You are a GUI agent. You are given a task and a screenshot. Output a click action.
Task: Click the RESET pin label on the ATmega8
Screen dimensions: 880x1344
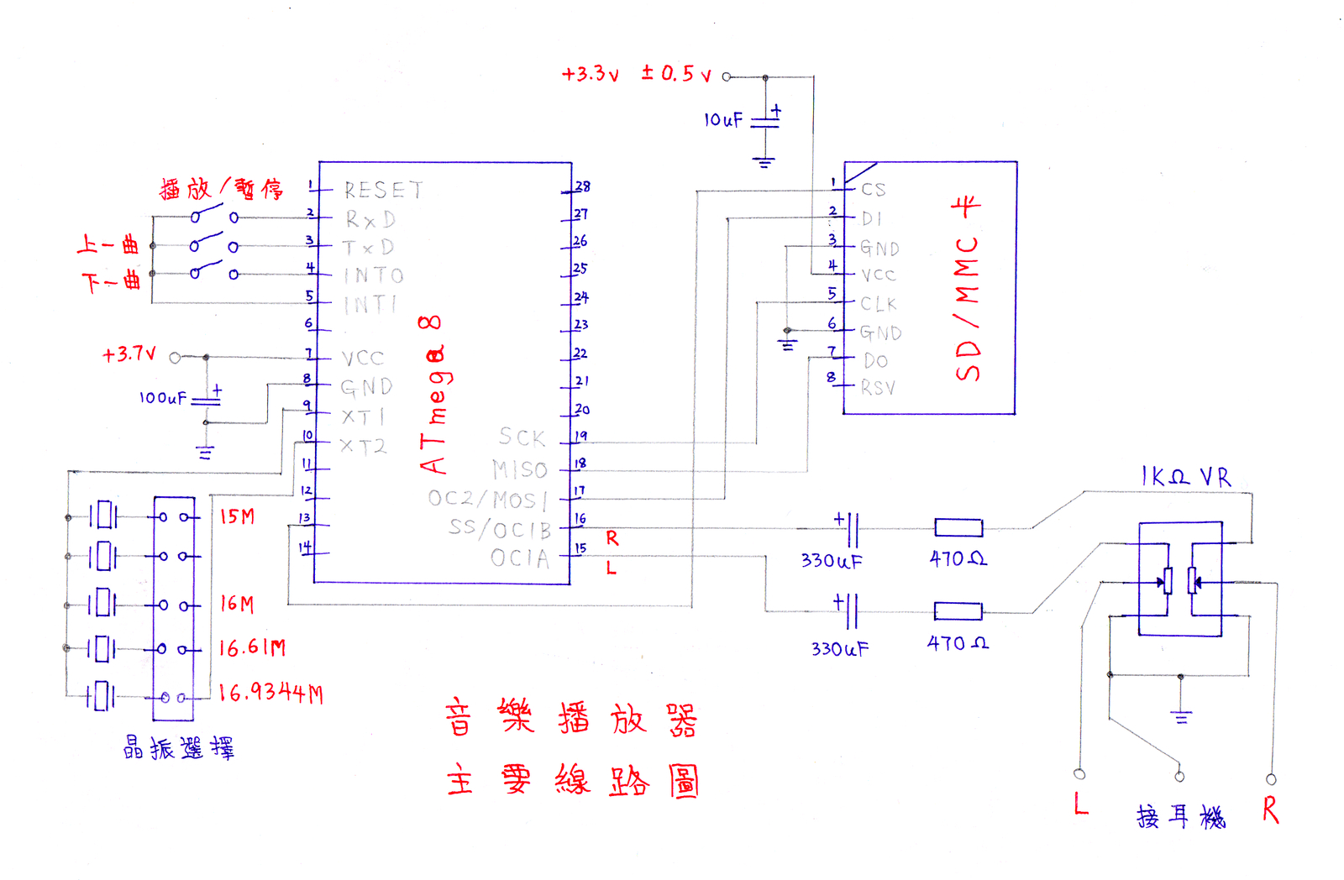pyautogui.click(x=383, y=191)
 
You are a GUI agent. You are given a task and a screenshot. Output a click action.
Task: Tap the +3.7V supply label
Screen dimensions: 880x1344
pyautogui.click(x=129, y=354)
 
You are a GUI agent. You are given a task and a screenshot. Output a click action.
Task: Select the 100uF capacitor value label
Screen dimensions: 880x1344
pyautogui.click(x=163, y=398)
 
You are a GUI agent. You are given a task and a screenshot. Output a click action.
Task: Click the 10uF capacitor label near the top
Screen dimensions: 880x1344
pyautogui.click(x=723, y=120)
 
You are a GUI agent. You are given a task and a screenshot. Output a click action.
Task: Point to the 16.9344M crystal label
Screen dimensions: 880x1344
pyautogui.click(x=270, y=693)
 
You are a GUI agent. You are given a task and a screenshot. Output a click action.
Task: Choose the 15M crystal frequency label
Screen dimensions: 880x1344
pyautogui.click(x=237, y=516)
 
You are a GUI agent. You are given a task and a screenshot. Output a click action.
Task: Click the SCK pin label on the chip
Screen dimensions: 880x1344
pyautogui.click(x=522, y=437)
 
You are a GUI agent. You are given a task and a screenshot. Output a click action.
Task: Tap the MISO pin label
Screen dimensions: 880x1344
pyautogui.click(x=520, y=469)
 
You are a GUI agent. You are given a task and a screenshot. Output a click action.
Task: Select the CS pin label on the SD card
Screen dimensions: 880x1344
pyautogui.click(x=874, y=190)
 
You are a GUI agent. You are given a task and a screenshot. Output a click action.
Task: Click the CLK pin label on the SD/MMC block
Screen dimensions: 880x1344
pyautogui.click(x=879, y=304)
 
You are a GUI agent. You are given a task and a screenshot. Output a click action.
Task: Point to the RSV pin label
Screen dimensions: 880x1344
pyautogui.click(x=879, y=388)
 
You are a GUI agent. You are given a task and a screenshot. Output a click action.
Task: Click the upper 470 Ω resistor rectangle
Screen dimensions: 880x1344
pyautogui.click(x=958, y=528)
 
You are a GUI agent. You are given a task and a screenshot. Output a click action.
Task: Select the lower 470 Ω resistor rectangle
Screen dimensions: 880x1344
pyautogui.click(x=958, y=611)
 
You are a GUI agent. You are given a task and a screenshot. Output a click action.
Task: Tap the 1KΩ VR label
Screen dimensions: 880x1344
pyautogui.click(x=1186, y=478)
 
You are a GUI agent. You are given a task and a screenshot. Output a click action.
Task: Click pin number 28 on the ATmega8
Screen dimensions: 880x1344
pyautogui.click(x=582, y=186)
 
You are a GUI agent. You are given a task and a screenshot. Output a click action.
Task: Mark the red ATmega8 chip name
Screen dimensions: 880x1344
pyautogui.click(x=432, y=395)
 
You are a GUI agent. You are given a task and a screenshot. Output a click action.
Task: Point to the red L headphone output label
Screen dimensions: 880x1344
pyautogui.click(x=1081, y=804)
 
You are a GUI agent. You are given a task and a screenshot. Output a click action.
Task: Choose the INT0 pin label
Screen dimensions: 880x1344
pyautogui.click(x=374, y=275)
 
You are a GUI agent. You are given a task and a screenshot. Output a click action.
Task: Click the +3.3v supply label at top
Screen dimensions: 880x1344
pyautogui.click(x=591, y=74)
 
